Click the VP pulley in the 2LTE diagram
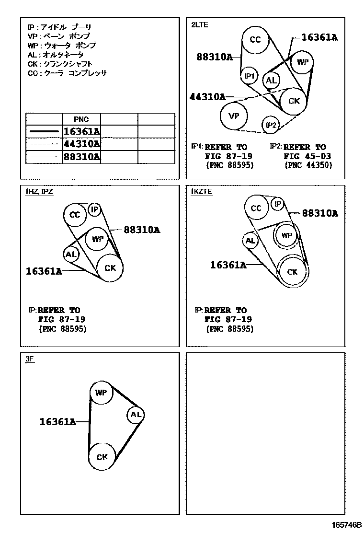pos(234,116)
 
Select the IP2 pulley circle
pos(271,126)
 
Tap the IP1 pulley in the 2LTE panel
pos(249,76)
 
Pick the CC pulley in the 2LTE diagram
pos(255,40)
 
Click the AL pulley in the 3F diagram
pos(136,415)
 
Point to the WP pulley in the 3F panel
pos(101,393)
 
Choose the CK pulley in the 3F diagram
pos(102,457)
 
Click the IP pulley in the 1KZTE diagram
pos(278,204)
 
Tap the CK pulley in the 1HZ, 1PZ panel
pos(110,268)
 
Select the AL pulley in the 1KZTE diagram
pos(250,241)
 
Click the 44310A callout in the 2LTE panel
pos(207,97)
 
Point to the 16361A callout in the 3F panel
pos(57,422)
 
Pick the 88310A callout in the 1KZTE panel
pos(320,214)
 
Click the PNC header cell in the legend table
pos(81,119)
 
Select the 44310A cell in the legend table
pos(81,144)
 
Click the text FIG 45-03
pos(307,156)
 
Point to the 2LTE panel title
pos(200,25)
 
